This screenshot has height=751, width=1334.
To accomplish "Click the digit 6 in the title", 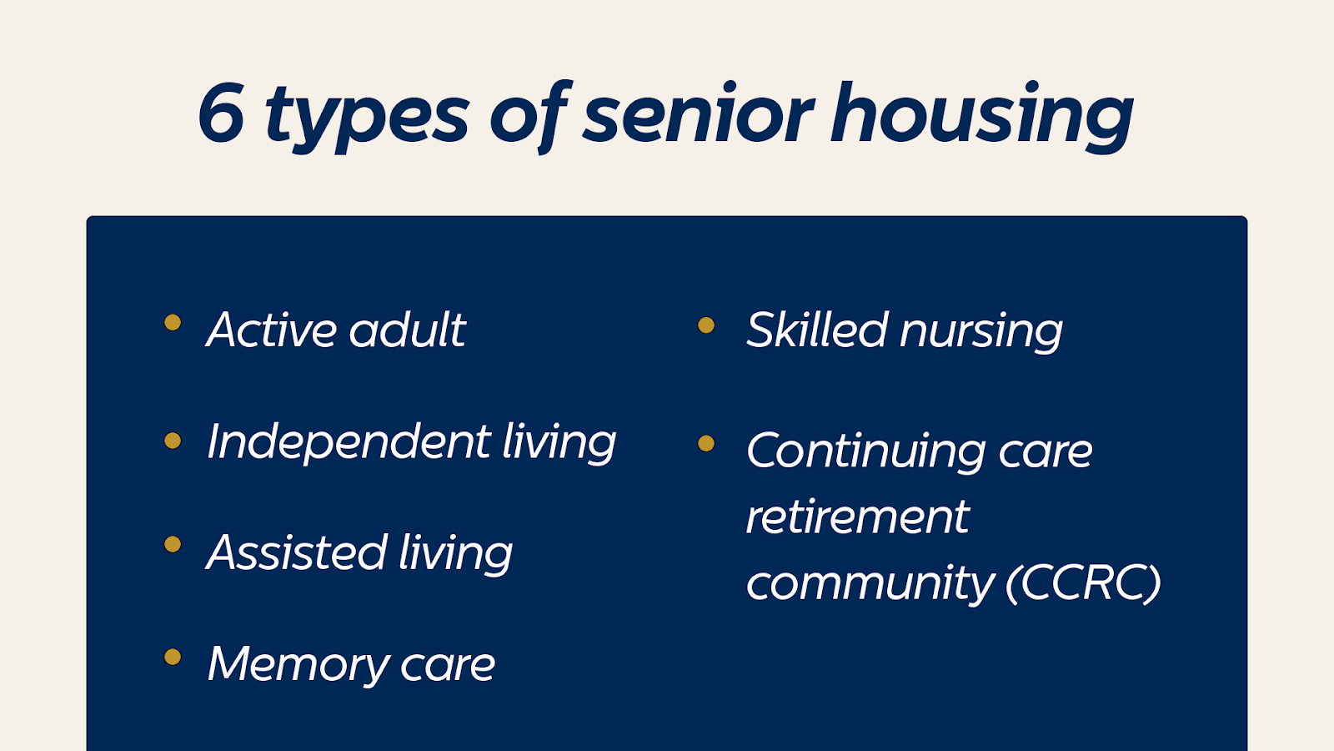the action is [x=221, y=113].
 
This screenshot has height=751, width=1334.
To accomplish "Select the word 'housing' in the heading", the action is [x=981, y=118].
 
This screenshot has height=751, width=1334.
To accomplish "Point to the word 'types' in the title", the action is [x=367, y=118].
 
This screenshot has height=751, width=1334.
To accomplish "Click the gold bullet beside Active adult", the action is [x=173, y=322].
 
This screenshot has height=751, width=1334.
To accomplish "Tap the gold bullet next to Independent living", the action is [x=173, y=441].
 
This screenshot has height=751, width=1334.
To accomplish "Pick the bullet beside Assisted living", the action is [x=173, y=544].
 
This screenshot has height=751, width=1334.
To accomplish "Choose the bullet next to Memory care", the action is [x=173, y=657].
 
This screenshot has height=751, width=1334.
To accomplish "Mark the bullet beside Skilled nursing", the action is [x=706, y=325].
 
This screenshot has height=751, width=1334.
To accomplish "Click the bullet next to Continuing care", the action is [x=706, y=443].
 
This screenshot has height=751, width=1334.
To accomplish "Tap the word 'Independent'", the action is [x=349, y=442].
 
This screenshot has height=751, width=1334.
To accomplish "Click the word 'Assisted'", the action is [x=297, y=552].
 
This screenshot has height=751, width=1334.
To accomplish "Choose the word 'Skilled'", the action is [x=817, y=329].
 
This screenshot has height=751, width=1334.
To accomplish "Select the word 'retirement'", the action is [x=858, y=517].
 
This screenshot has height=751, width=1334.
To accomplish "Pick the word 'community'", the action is [x=870, y=585].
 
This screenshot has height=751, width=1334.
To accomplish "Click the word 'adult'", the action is [x=408, y=329].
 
